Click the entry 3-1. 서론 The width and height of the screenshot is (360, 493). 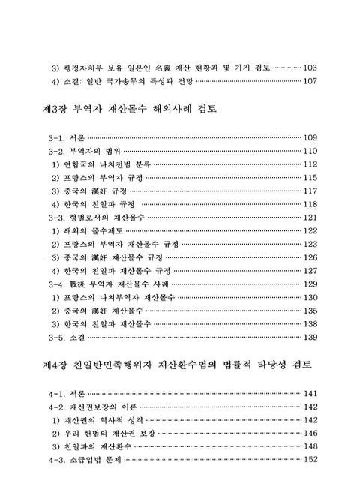tap(66, 138)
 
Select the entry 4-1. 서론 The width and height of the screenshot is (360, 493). tap(66, 394)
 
